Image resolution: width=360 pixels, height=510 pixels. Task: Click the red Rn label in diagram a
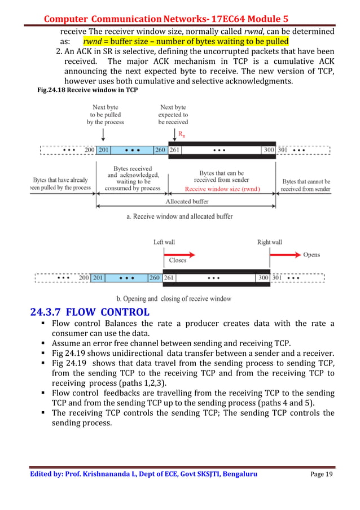pos(181,134)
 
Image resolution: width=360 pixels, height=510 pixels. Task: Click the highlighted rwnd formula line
pos(186,41)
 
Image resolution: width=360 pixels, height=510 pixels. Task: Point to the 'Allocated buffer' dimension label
pos(186,202)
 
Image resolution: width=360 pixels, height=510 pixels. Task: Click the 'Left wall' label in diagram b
pos(164,242)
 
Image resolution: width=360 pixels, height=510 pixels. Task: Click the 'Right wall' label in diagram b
pos(269,242)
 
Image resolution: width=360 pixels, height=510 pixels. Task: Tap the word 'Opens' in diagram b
pos(311,255)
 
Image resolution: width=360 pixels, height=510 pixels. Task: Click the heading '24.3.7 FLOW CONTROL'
pos(90,312)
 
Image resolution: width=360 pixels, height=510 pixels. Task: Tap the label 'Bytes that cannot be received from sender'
pos(306,185)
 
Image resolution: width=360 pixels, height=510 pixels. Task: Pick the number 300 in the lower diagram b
pos(263,278)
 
